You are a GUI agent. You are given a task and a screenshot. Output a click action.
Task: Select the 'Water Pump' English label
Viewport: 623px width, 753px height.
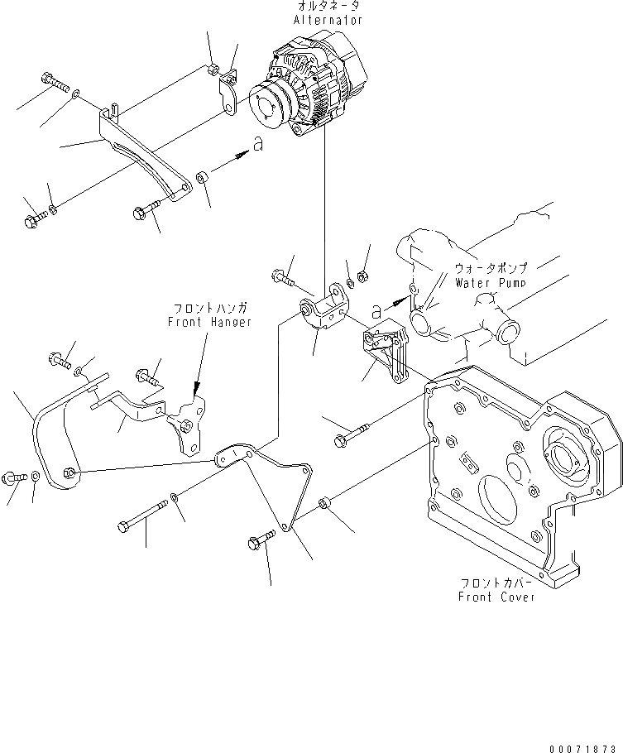click(x=491, y=282)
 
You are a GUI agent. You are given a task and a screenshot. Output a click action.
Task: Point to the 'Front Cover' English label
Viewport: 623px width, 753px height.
click(x=496, y=597)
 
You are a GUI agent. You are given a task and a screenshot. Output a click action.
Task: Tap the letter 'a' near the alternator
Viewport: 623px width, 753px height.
click(x=258, y=143)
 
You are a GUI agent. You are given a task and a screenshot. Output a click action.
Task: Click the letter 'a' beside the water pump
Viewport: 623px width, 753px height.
click(x=377, y=310)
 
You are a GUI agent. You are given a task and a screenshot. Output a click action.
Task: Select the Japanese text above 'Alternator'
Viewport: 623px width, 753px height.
click(x=330, y=7)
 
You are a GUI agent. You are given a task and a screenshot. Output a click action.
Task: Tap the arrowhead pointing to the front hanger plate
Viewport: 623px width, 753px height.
click(x=196, y=388)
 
